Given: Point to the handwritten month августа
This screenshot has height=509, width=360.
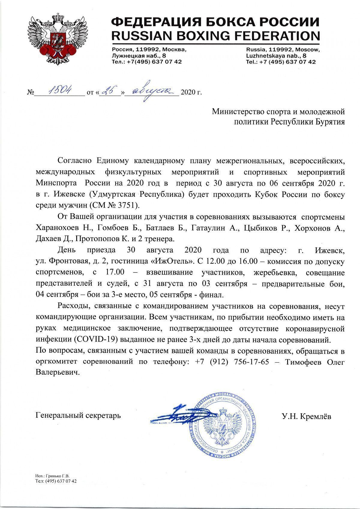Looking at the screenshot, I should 151,91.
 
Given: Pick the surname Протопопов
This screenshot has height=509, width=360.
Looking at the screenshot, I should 96,239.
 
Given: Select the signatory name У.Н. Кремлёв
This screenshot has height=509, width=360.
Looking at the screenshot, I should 306,416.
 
